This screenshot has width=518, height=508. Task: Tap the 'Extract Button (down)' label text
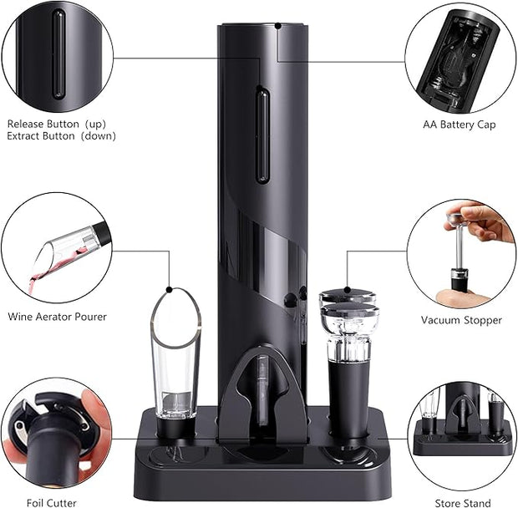(x=61, y=135)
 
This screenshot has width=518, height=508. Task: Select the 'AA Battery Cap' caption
(x=459, y=124)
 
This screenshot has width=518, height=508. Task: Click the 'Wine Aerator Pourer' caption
(x=57, y=317)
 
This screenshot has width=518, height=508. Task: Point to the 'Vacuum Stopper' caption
(x=461, y=320)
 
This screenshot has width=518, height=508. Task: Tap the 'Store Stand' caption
(x=462, y=503)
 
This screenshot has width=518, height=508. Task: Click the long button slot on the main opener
(x=262, y=135)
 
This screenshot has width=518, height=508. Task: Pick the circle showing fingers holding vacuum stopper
(x=461, y=253)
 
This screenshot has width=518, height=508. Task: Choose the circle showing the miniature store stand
(x=462, y=434)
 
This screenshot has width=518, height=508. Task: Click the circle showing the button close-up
(x=57, y=57)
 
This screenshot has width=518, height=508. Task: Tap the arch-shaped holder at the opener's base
(x=262, y=393)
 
